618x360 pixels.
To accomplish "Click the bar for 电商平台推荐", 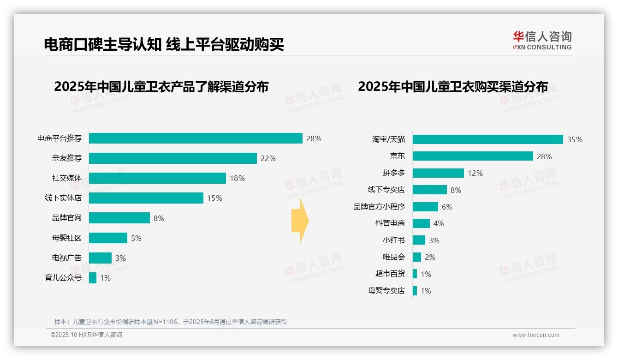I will click(196, 138).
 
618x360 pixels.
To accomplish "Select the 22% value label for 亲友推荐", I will click(268, 158).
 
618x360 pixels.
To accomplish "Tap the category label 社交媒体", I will click(67, 178).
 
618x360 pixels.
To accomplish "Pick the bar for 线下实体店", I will click(146, 198).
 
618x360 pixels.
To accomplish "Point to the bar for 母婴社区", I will click(108, 238).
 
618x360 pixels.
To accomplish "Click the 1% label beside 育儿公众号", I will click(105, 278).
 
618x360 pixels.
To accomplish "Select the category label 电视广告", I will click(67, 258).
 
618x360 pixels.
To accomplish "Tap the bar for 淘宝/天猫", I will click(487, 139).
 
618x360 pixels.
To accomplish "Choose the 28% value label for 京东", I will click(544, 156).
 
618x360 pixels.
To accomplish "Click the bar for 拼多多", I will click(438, 173).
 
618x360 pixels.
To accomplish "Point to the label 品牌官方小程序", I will click(379, 207).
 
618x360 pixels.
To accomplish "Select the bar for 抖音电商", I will click(421, 223).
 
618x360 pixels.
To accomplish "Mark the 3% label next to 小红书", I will click(434, 240).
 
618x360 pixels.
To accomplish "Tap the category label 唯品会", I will click(394, 257).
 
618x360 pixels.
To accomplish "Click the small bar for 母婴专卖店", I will click(415, 291).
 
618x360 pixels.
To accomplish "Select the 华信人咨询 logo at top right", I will click(542, 40).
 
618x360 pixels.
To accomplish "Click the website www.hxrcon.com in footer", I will click(536, 335).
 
